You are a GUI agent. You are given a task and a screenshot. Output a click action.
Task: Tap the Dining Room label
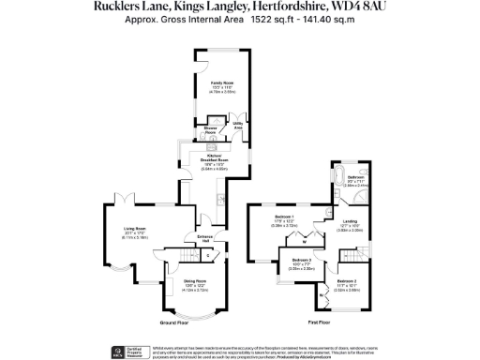(193, 281)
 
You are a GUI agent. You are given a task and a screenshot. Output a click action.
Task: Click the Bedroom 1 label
(285, 217)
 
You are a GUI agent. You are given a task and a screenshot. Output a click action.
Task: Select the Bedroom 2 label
(347, 280)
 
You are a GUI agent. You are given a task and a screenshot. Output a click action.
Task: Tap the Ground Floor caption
(175, 322)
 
